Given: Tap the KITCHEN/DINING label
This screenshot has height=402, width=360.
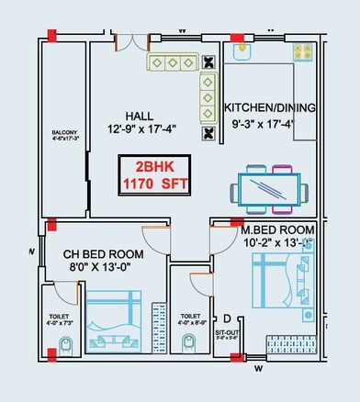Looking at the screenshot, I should pos(270,107).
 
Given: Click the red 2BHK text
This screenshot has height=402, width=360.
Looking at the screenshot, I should pos(154,168).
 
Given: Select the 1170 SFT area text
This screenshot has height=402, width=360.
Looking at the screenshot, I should pos(154,183).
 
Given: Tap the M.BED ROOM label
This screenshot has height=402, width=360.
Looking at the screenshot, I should pos(276,229).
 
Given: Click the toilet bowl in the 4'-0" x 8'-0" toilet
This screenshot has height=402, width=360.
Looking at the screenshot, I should pos(189,343).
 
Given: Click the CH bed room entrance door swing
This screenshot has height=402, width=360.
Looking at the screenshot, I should pos(158,244).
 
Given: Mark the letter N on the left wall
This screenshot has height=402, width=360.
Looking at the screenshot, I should pos(32,251).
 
